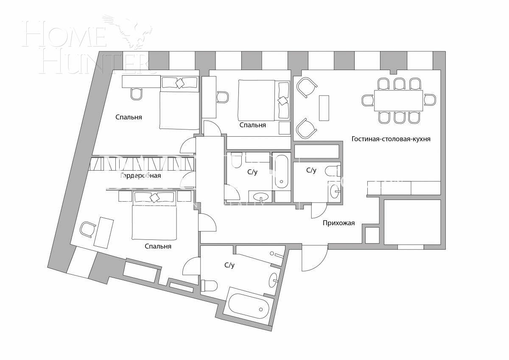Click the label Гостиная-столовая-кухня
click(x=391, y=139)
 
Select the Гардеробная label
click(x=140, y=175)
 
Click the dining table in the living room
click(x=398, y=100)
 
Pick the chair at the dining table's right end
click(x=430, y=100)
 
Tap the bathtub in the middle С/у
click(x=281, y=171)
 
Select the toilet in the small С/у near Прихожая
click(x=332, y=171)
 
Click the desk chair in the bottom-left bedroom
click(x=88, y=229)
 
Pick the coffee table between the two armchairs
click(x=324, y=108)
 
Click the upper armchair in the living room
click(x=306, y=87)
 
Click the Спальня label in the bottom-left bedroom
click(x=158, y=246)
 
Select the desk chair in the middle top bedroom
click(x=222, y=97)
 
